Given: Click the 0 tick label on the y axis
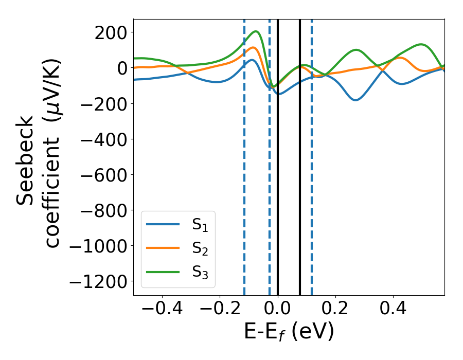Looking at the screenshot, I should pyautogui.click(x=121, y=68).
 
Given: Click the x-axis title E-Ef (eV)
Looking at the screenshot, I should pyautogui.click(x=289, y=332).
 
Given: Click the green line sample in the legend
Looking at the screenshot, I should pyautogui.click(x=163, y=271).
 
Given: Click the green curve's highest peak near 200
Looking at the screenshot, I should pyautogui.click(x=255, y=31).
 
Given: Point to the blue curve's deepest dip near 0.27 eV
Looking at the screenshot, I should pyautogui.click(x=355, y=100).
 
